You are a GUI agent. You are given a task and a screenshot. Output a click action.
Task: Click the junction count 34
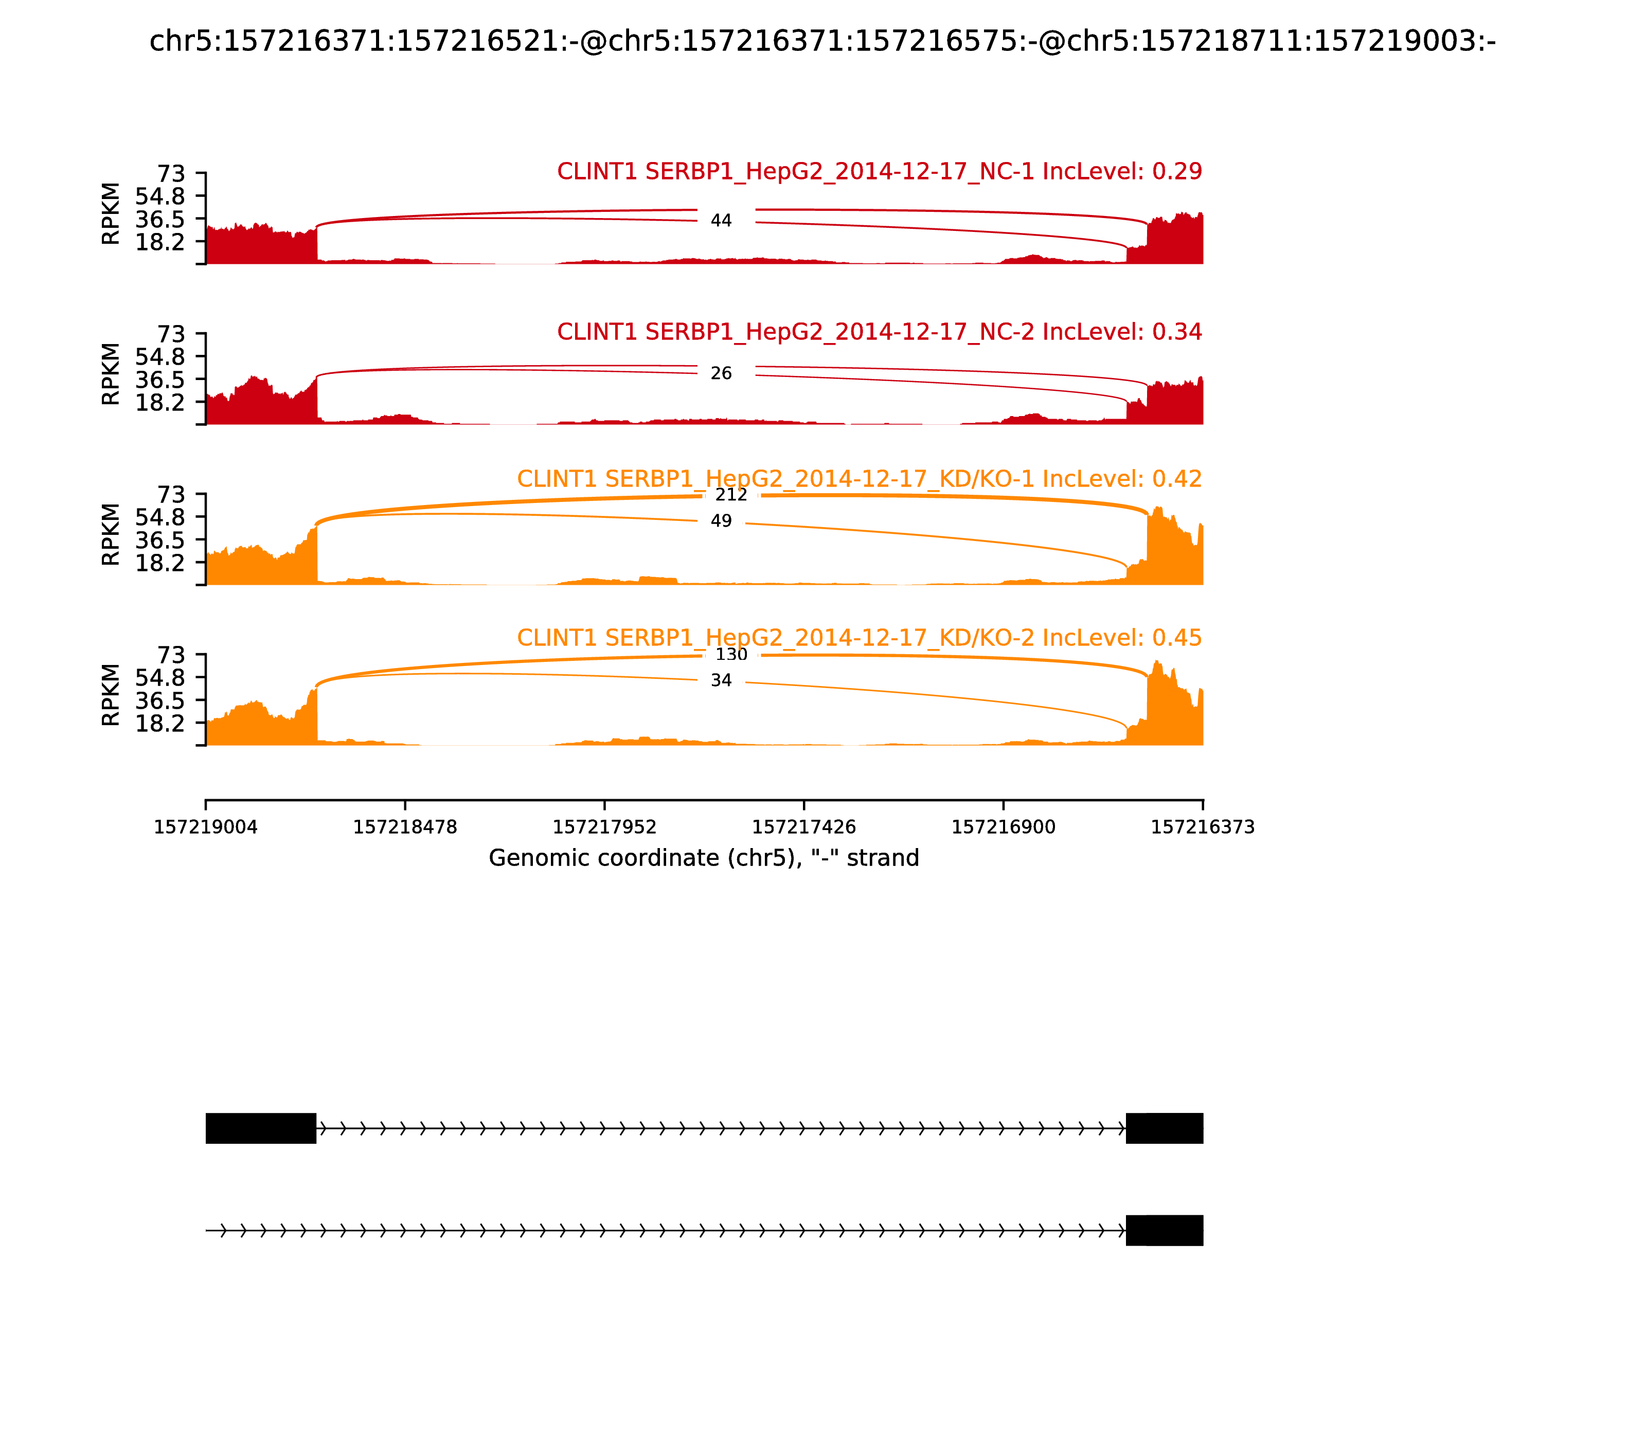(x=721, y=680)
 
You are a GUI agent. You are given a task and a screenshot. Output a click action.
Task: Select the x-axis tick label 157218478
(x=405, y=827)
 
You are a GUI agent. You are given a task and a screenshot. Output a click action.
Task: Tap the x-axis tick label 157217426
(x=803, y=827)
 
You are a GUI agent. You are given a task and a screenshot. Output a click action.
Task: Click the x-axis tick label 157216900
(x=1003, y=827)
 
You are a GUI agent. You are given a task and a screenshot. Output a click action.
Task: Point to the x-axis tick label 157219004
(x=206, y=827)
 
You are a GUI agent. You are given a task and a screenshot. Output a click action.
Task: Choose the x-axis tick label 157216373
(x=1203, y=827)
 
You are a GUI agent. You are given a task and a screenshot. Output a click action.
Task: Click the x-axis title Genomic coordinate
(x=703, y=858)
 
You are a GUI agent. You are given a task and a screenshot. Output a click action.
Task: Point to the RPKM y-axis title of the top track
(x=111, y=214)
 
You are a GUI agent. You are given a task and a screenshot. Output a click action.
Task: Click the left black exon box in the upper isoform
(x=260, y=1128)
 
